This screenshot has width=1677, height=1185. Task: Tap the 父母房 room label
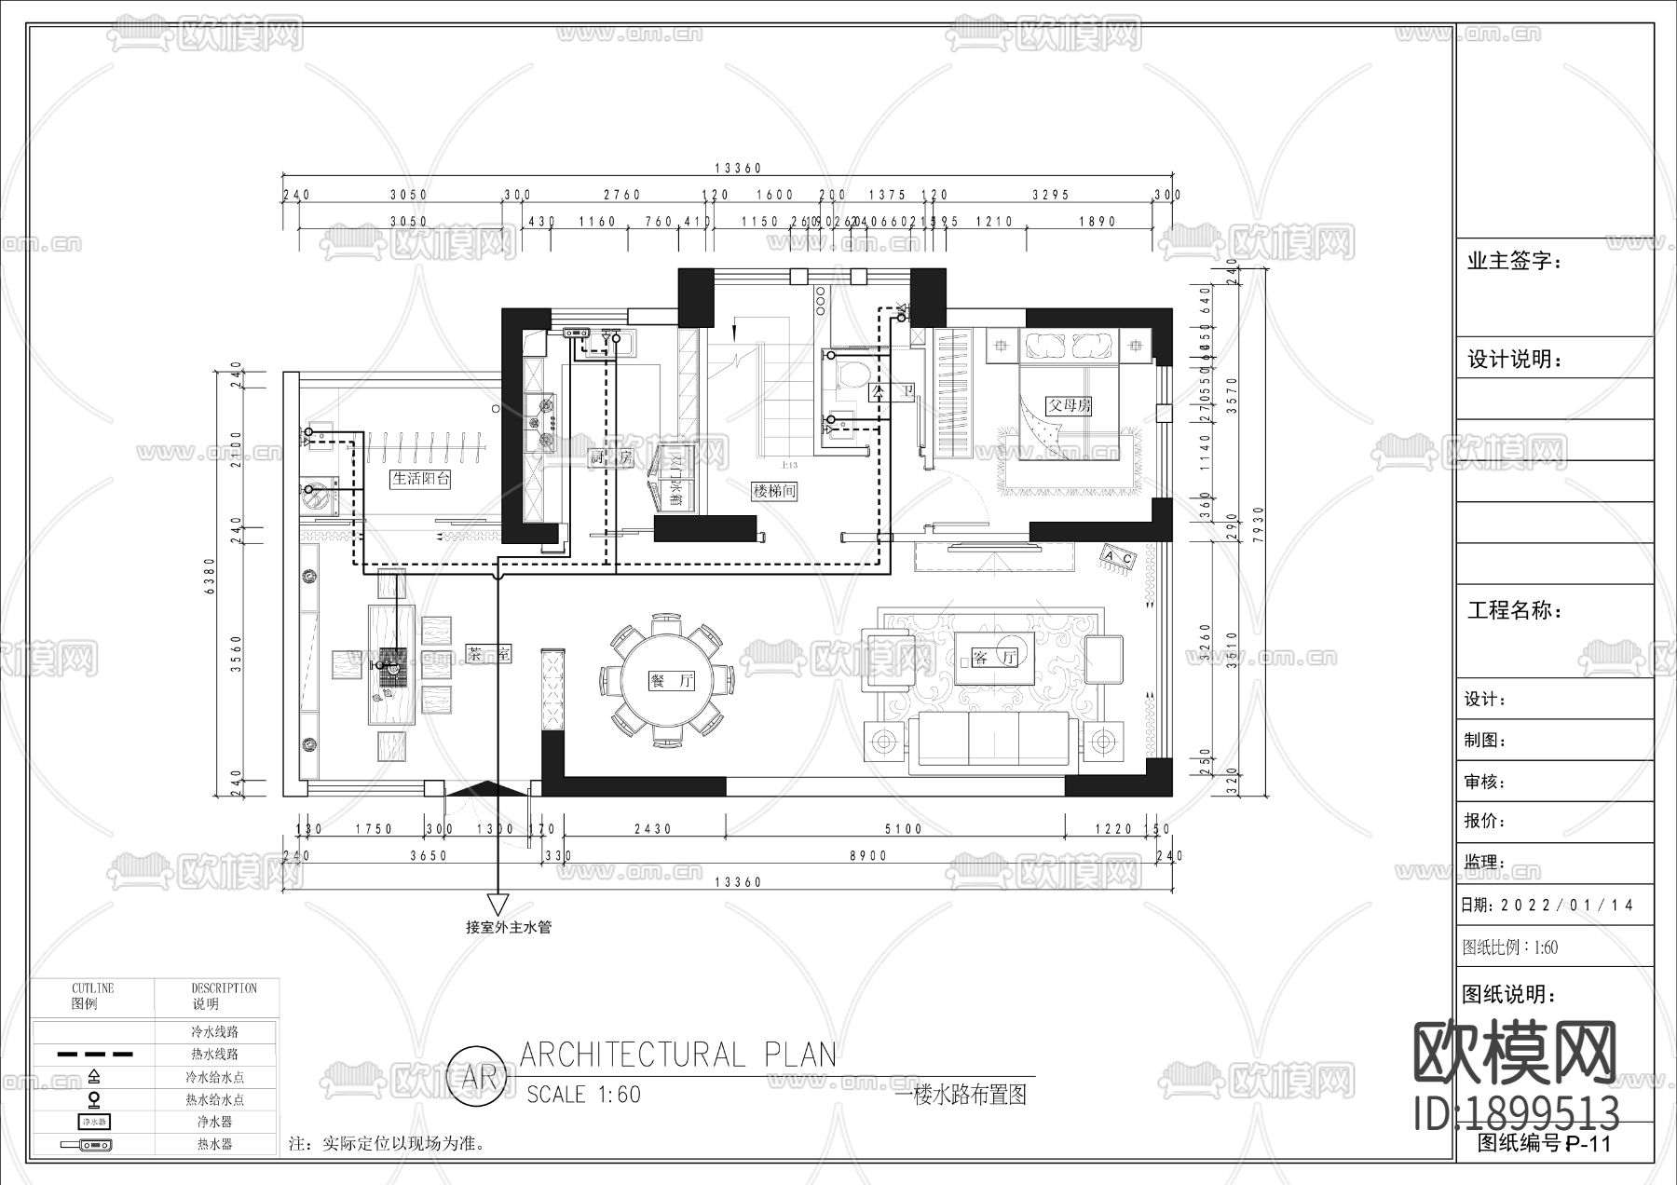pyautogui.click(x=1069, y=406)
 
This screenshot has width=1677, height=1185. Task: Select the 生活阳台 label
pyautogui.click(x=421, y=479)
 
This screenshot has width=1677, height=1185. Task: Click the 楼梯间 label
pyautogui.click(x=775, y=491)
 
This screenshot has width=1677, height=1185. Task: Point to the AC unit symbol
pyautogui.click(x=1118, y=558)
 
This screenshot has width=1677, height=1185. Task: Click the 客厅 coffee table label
pyautogui.click(x=995, y=658)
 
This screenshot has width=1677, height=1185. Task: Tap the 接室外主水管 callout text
pyautogui.click(x=509, y=927)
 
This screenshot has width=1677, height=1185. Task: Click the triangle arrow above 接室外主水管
pyautogui.click(x=498, y=904)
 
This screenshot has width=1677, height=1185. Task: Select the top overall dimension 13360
pyautogui.click(x=738, y=169)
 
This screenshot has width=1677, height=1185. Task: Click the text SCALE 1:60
pyautogui.click(x=584, y=1094)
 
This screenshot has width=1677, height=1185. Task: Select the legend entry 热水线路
pyautogui.click(x=214, y=1055)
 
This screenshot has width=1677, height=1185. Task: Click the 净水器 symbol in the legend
pyautogui.click(x=94, y=1122)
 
